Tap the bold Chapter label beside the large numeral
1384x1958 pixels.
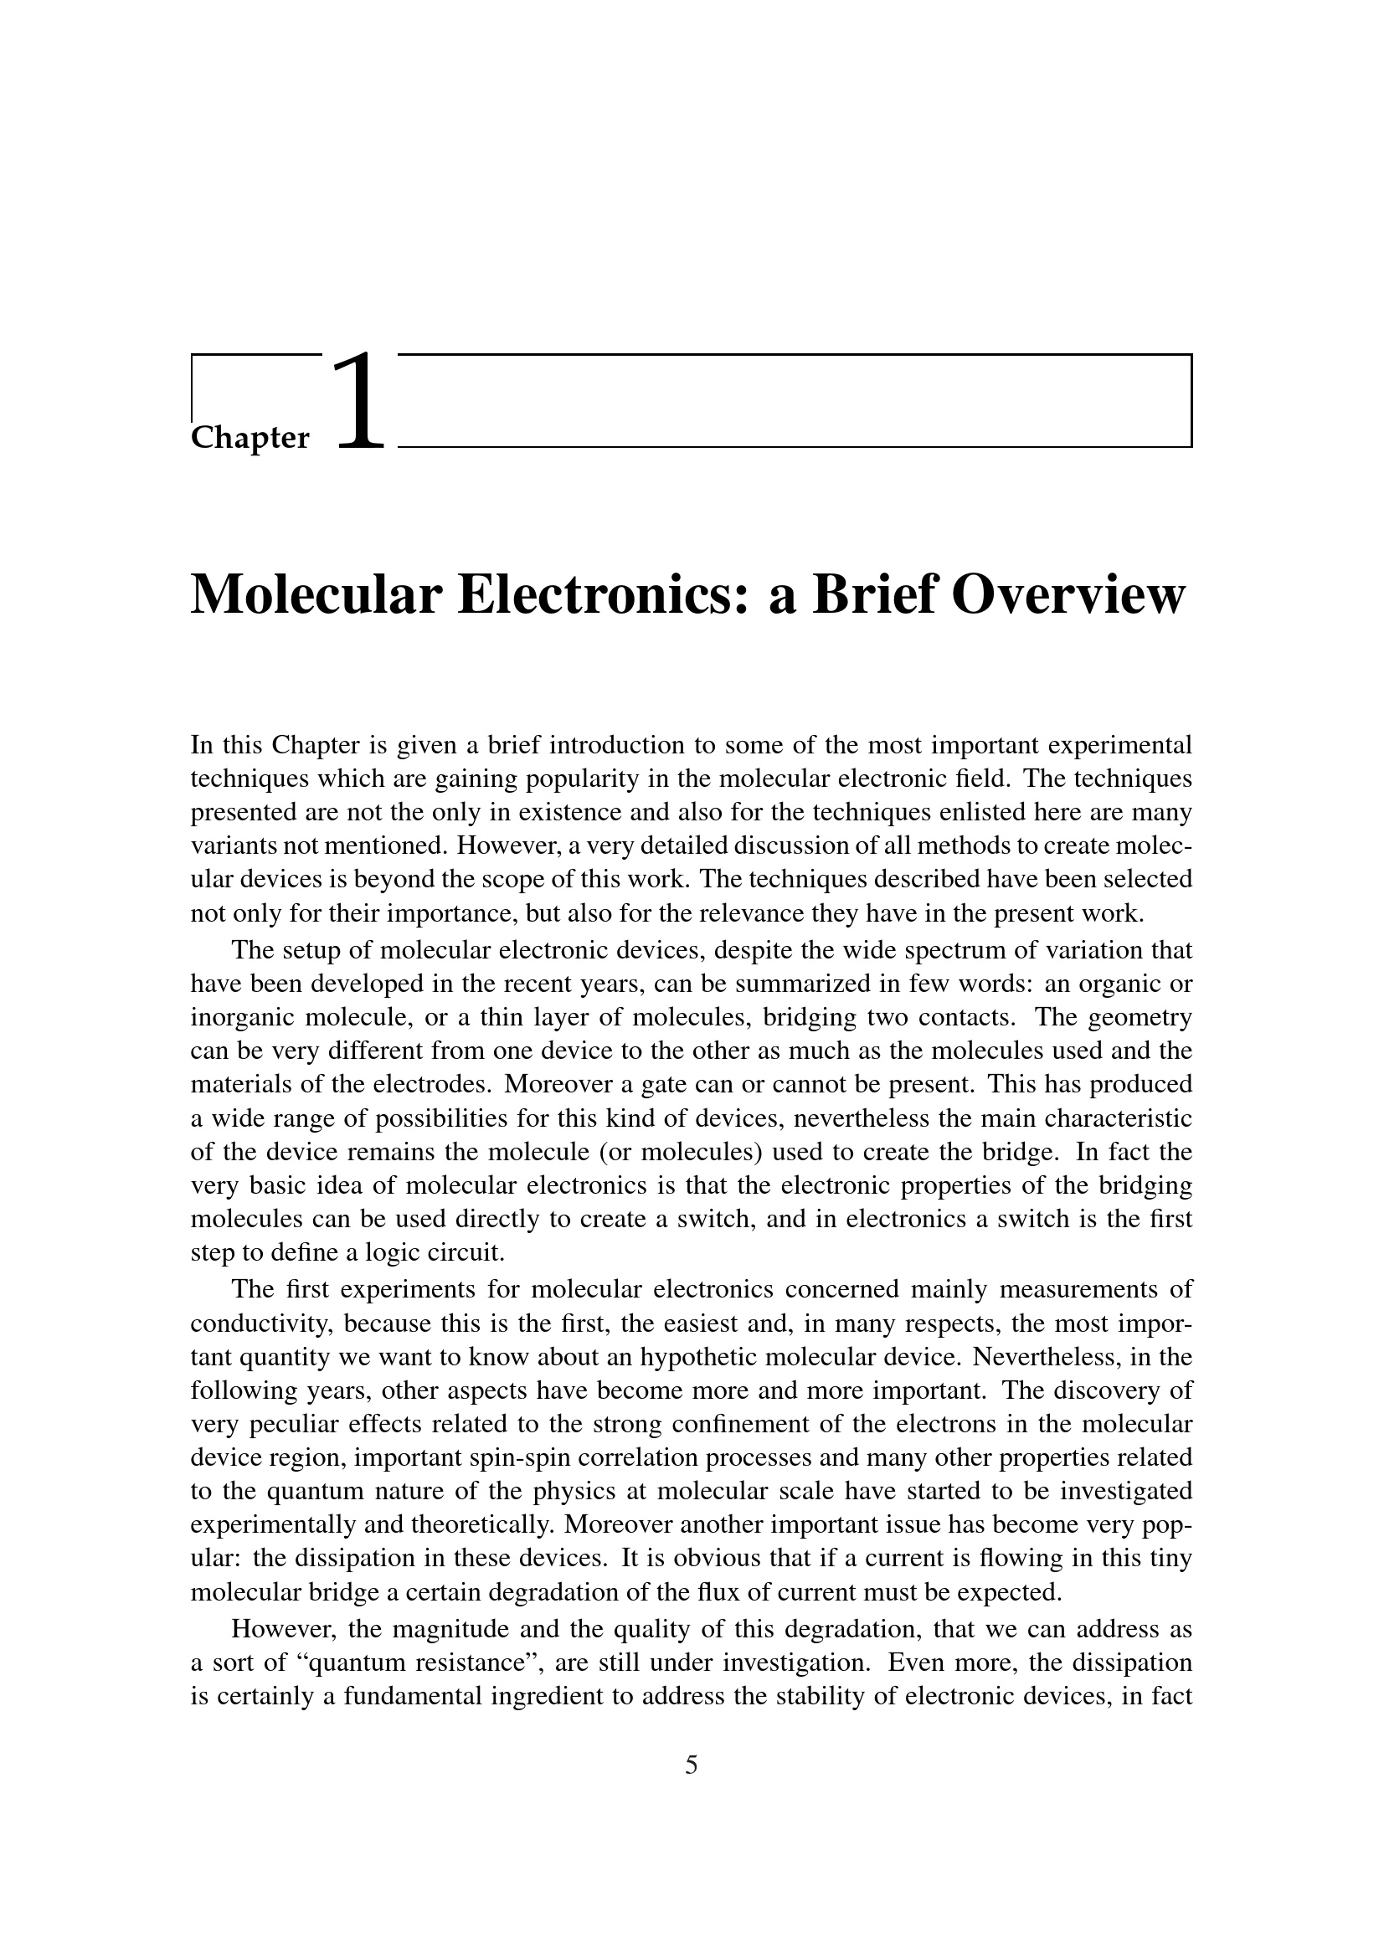pyautogui.click(x=250, y=438)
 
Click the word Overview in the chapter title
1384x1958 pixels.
pyautogui.click(x=1068, y=594)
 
